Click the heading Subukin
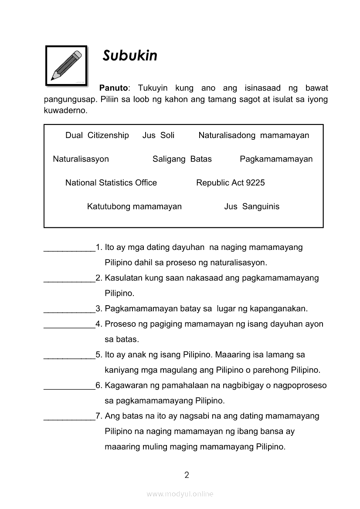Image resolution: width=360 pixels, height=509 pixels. (x=130, y=56)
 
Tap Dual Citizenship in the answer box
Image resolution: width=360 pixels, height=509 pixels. (x=97, y=135)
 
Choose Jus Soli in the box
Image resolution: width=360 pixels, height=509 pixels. (x=158, y=135)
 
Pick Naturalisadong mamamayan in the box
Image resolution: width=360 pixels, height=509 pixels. (x=254, y=135)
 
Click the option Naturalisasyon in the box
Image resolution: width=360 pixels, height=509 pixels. (x=81, y=159)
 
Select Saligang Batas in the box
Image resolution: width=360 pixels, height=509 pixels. (x=182, y=159)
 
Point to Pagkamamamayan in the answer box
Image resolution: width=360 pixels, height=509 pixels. (x=276, y=159)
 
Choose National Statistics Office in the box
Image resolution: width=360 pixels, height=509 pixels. (x=111, y=183)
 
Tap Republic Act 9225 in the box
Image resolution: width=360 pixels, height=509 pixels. (x=230, y=183)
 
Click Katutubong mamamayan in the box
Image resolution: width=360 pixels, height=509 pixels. (x=134, y=206)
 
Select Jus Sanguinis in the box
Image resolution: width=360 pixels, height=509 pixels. (x=251, y=206)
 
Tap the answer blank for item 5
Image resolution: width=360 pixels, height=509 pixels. (x=70, y=357)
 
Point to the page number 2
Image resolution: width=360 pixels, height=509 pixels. (x=187, y=475)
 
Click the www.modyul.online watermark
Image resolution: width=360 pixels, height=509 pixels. (x=180, y=494)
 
